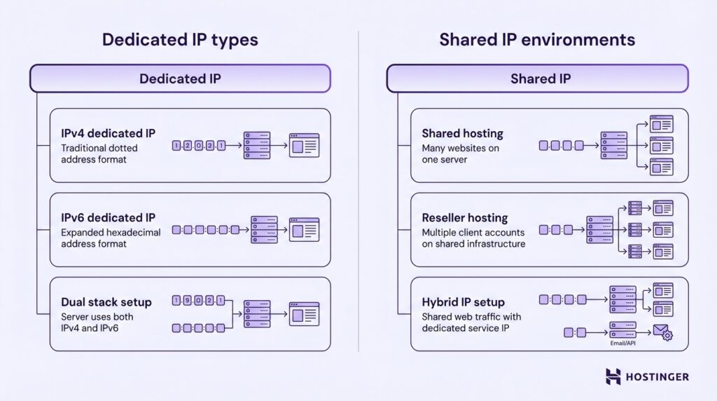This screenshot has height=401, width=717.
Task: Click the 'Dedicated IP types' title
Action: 180,39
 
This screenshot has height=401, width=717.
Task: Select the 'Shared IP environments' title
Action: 537,39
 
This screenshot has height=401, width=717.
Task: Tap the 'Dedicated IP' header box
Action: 180,79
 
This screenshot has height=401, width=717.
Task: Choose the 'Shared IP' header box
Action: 537,79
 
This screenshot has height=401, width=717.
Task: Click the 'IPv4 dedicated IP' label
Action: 108,133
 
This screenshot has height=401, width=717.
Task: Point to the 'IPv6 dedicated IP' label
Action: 108,218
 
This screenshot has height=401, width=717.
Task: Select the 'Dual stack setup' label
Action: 106,302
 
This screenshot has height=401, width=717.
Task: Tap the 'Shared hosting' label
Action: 462,133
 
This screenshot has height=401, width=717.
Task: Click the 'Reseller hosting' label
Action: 464,218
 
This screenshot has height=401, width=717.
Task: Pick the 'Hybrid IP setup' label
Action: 463,302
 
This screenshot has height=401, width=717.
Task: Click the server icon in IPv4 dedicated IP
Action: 257,145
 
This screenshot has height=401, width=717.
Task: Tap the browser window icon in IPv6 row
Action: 304,229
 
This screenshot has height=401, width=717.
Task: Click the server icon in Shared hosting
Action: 614,145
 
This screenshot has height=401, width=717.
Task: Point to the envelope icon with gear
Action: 661,332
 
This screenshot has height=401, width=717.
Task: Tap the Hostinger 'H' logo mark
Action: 613,376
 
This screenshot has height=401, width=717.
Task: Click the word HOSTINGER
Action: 657,377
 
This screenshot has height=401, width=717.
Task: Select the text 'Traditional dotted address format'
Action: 99,154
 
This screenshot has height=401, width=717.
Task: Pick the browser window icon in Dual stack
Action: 304,313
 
